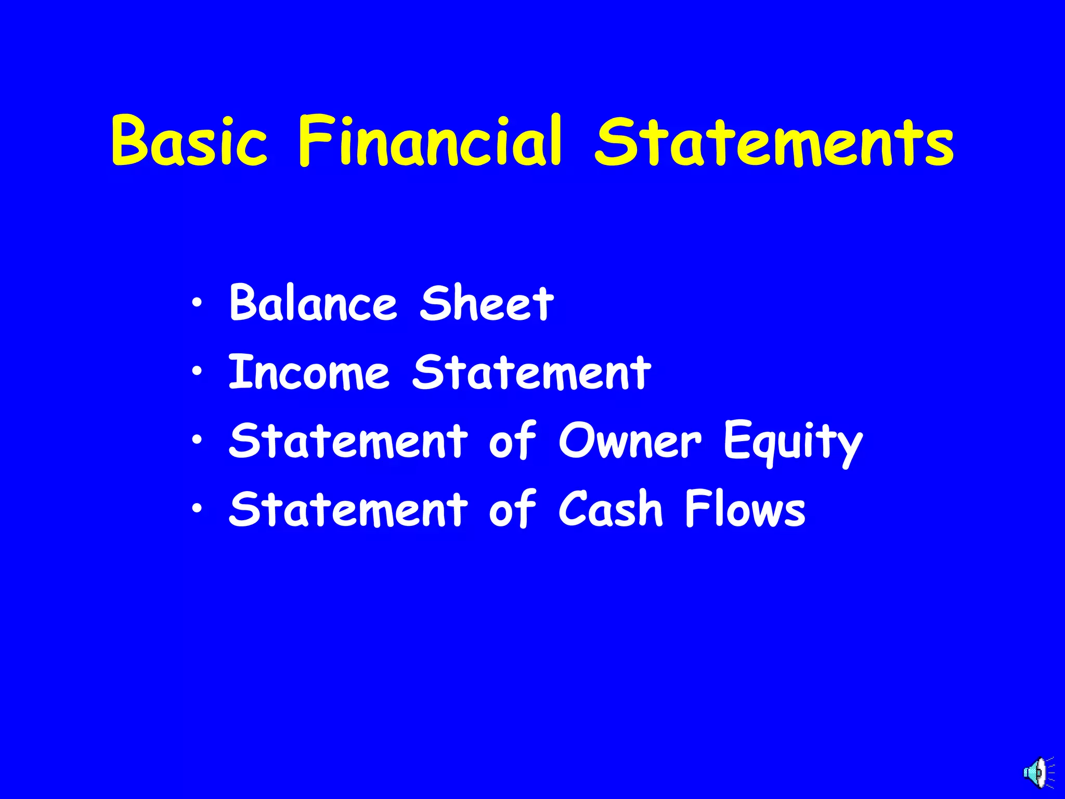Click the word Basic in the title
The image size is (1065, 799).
coord(189,141)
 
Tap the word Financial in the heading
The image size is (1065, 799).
coord(430,141)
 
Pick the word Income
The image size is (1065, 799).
coord(309,372)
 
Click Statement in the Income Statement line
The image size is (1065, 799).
coord(531,372)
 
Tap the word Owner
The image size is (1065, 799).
coord(629,441)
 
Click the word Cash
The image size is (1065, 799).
coord(611,509)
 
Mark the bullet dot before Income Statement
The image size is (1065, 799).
coord(197,371)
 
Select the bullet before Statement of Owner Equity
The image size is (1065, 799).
coord(197,440)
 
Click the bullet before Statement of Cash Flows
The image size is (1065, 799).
coord(197,508)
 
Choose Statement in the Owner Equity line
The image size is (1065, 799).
coord(348,441)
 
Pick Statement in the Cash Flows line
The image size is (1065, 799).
coord(348,509)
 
